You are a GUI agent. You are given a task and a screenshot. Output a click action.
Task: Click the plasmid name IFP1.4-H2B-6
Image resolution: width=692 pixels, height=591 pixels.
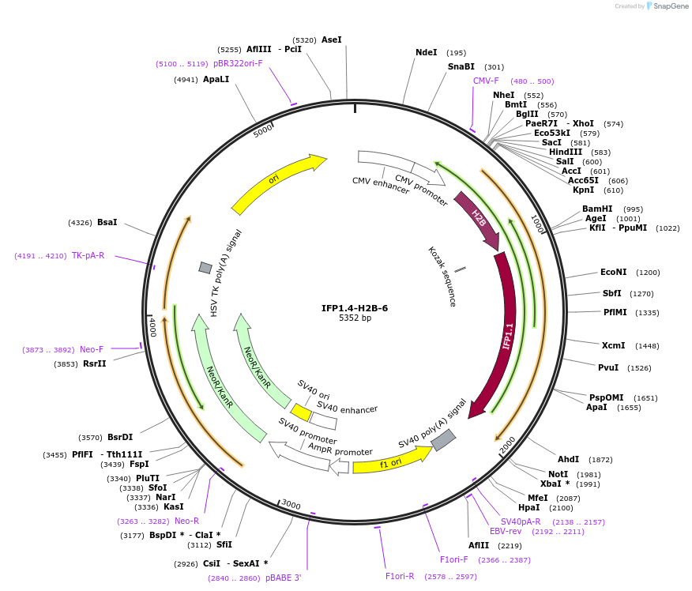click(355, 308)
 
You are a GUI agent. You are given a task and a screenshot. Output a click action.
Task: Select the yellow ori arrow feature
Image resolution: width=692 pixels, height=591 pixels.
click(276, 183)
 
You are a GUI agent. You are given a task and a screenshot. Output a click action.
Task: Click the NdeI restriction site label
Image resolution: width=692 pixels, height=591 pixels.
click(427, 52)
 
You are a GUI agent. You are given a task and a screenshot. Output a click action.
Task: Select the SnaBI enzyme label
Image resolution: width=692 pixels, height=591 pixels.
click(461, 67)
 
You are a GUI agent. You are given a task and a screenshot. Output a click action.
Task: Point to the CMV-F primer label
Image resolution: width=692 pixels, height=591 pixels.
click(486, 81)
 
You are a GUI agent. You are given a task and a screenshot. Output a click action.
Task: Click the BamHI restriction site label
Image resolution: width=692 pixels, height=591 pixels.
click(597, 209)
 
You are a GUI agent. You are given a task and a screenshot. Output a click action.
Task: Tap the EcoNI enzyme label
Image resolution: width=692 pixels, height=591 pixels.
click(613, 273)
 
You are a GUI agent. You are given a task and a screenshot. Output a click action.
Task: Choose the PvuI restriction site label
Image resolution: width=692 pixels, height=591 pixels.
click(608, 367)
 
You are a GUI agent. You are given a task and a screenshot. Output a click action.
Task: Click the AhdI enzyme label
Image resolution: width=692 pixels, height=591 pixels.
click(569, 459)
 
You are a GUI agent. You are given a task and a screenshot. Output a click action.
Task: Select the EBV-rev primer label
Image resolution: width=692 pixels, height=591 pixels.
click(506, 532)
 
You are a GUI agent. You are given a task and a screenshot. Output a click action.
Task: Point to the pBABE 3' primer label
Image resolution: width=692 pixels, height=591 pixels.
click(283, 578)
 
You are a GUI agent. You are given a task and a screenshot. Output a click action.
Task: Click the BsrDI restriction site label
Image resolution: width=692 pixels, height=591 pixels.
click(121, 437)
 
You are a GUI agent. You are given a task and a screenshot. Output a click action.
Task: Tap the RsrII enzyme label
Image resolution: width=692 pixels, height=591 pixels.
click(95, 363)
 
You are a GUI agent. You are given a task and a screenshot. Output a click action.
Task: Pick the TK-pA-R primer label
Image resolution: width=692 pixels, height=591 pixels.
click(88, 255)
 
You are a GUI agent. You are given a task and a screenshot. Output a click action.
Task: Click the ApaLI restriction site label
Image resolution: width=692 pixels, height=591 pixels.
click(216, 80)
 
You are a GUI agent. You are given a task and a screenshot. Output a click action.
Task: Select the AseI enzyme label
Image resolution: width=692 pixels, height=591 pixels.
click(332, 40)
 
